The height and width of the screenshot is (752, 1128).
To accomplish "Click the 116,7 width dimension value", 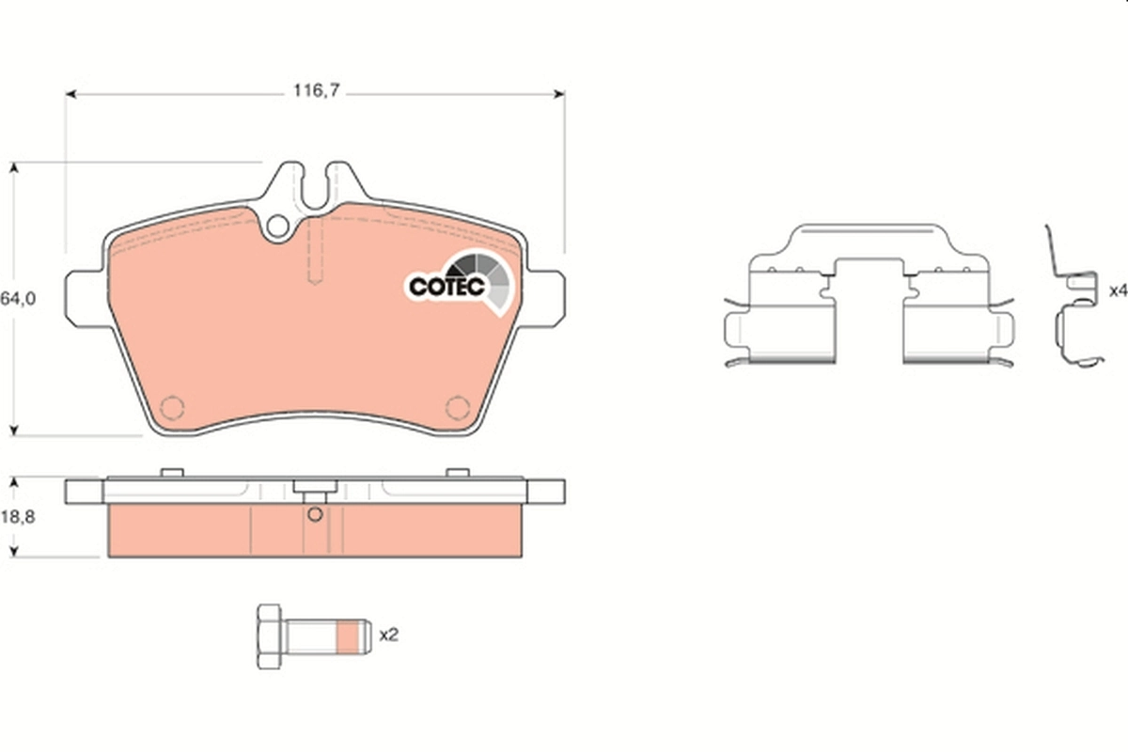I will pos(314,91).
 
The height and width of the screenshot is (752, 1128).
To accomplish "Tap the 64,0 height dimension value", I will pos(18,298).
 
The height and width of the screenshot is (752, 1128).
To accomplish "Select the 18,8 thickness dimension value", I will pos(18,516).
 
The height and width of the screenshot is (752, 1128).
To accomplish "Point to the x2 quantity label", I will pos(389,635).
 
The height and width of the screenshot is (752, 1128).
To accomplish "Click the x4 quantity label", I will pos(1117,290).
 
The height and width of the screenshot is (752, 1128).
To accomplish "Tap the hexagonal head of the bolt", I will pos(269,636).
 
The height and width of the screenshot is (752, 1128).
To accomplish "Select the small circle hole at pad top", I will pos(277,227).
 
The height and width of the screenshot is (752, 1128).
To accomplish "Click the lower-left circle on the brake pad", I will pos(172,408).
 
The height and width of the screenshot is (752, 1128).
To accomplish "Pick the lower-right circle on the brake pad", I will pos(457,408).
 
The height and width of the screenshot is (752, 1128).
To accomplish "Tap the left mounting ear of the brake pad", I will pos(83,300).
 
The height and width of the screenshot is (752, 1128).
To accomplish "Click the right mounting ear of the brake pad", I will pos(547,300).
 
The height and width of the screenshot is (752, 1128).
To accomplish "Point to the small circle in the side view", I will pos(315,513).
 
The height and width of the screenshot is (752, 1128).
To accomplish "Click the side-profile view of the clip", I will pos(1073,301).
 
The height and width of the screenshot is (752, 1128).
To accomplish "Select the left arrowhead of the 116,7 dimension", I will pos(70,94).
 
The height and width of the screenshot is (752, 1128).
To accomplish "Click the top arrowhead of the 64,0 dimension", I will pos(14,167).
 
